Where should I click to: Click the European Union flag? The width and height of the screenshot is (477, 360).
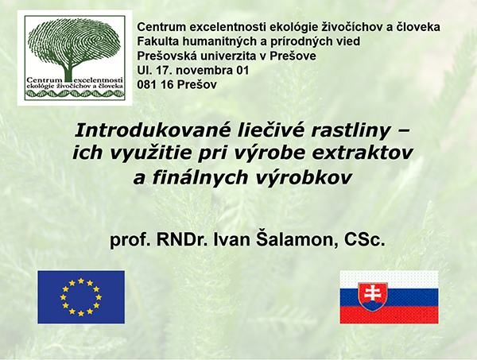(81, 297)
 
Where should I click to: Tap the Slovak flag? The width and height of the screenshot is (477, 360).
(389, 297)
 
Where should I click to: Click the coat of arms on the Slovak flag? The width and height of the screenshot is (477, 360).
(373, 297)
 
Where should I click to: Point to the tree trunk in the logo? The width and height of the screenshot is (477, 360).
(69, 72)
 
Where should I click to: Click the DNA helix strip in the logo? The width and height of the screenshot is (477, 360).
(75, 95)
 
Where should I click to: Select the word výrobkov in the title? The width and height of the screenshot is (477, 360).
(303, 177)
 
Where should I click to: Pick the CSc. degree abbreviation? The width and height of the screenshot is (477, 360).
(364, 240)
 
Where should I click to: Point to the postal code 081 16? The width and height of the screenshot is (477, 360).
(155, 84)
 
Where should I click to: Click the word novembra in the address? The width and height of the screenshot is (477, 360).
(204, 70)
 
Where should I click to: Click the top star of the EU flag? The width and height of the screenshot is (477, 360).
(81, 281)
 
